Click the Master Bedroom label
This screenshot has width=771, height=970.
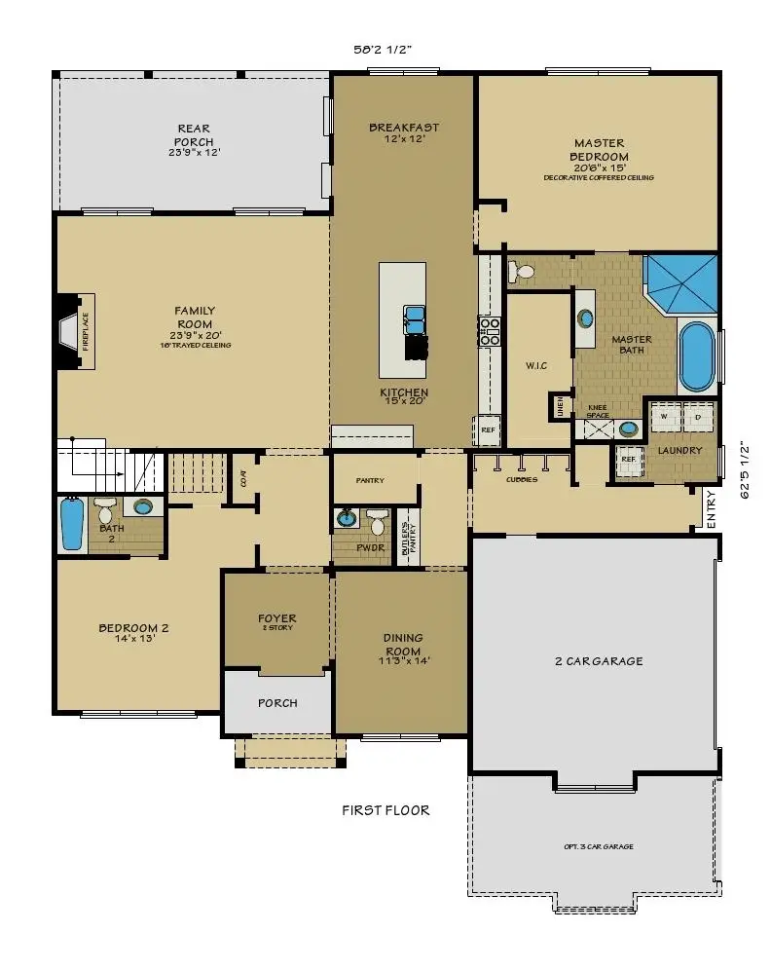(x=599, y=150)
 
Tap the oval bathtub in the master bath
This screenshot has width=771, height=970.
(x=695, y=356)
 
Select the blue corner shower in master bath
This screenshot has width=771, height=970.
(x=682, y=283)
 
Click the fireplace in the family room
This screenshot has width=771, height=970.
(x=77, y=331)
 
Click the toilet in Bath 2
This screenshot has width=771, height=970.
(x=105, y=508)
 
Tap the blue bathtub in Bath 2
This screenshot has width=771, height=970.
(x=72, y=523)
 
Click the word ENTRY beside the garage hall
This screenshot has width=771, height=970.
(x=712, y=507)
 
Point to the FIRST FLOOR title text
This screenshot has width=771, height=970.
(x=385, y=809)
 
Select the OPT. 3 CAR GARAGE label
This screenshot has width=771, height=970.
(x=598, y=846)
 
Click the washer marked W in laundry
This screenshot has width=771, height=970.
(x=664, y=417)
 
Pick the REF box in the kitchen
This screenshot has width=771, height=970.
(x=487, y=429)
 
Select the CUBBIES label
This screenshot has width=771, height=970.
(x=521, y=479)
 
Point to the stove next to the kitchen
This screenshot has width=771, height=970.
(x=489, y=330)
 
